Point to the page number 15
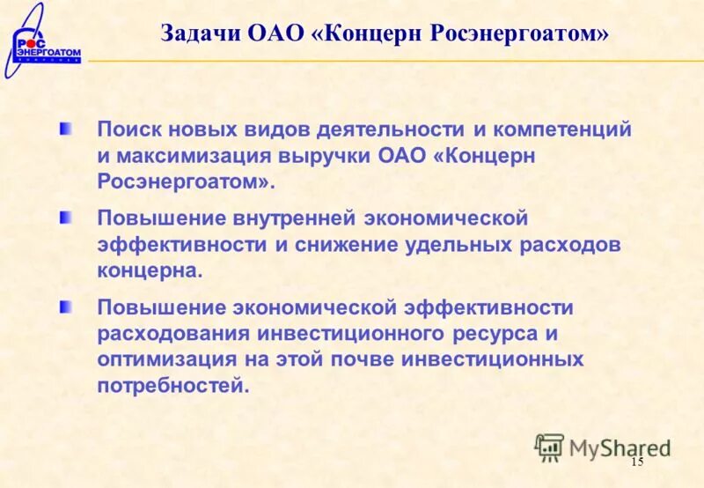click(x=637, y=463)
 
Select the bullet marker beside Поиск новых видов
click(x=67, y=129)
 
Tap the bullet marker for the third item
click(x=67, y=307)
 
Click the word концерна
click(x=150, y=271)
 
